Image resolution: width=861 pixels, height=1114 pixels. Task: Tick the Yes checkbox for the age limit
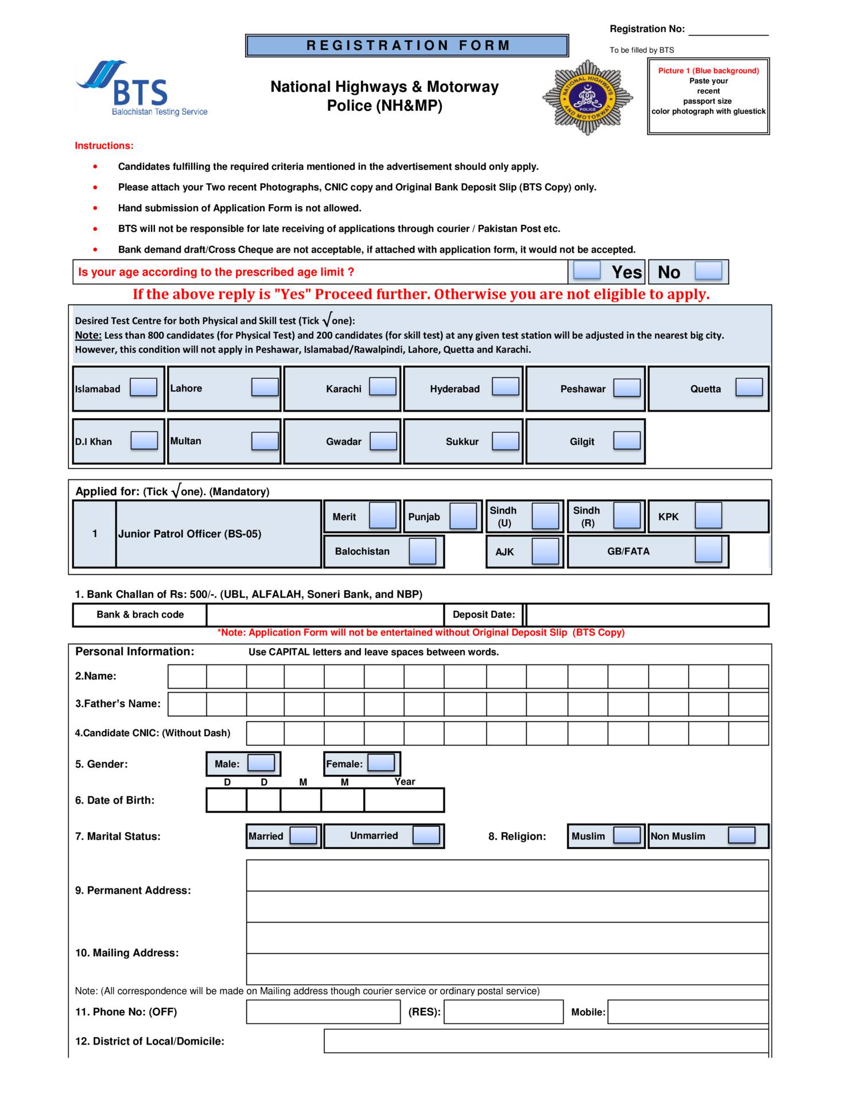(587, 270)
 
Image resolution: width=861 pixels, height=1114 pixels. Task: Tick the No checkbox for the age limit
(708, 270)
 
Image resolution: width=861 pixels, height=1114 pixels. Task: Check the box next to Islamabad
(143, 387)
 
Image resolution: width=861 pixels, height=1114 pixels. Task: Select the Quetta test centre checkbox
(748, 387)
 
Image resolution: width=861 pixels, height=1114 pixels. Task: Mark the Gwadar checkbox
(383, 441)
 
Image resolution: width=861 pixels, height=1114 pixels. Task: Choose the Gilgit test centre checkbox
(627, 441)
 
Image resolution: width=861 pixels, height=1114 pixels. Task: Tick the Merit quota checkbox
(383, 515)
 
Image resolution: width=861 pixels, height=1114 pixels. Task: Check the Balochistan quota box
(422, 551)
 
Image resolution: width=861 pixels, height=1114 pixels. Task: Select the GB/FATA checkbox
(708, 550)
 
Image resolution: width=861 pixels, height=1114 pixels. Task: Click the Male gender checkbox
(261, 763)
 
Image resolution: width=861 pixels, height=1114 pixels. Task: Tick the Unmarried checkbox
(426, 835)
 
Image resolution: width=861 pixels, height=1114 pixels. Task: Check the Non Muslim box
(741, 836)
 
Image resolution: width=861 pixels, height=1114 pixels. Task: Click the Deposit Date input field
(647, 615)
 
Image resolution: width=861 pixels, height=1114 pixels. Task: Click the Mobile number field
(688, 1012)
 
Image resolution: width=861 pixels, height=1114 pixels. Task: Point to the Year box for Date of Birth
(404, 800)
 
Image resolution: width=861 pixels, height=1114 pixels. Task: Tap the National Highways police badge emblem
(587, 97)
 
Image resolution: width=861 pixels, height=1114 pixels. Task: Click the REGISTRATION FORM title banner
(407, 45)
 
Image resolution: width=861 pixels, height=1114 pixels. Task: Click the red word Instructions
(104, 146)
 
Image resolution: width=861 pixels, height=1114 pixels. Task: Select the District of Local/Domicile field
(546, 1041)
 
